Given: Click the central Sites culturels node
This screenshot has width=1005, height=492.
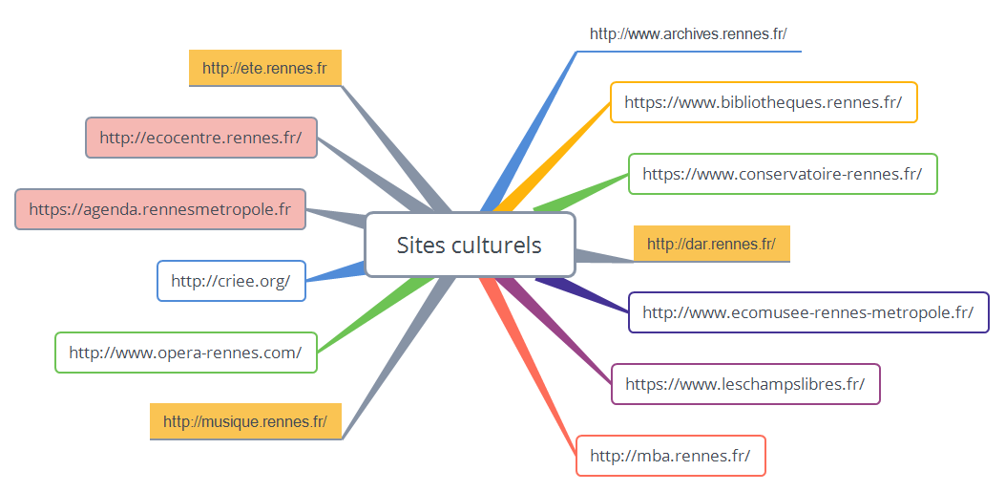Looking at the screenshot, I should [470, 245].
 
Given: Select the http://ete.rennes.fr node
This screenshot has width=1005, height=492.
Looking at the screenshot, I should [264, 68].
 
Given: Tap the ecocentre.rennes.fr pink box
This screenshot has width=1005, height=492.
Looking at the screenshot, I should [200, 138].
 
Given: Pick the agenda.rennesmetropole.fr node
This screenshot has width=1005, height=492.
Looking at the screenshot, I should [160, 208].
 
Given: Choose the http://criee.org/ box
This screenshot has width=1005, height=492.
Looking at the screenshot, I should [231, 281].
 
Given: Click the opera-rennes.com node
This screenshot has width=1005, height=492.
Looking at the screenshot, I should [185, 353].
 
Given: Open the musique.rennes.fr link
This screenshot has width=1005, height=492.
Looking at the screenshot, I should [245, 421].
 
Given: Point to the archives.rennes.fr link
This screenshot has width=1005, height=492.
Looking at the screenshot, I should [688, 34].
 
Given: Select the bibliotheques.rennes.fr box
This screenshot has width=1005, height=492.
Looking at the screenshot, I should [763, 102].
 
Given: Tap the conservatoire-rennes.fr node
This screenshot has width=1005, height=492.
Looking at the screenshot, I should [782, 174].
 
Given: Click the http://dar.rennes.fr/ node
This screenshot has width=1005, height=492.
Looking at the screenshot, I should [711, 244].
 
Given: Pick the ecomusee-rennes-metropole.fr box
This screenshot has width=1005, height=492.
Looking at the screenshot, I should [807, 312].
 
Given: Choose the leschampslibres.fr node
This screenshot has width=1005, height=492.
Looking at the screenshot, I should [744, 384].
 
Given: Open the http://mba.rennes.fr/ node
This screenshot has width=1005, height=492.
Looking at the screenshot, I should [670, 456].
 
